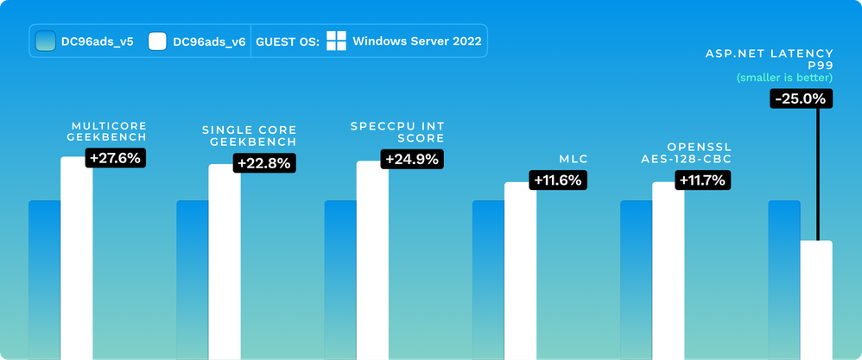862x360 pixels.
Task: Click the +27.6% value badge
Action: coord(115,158)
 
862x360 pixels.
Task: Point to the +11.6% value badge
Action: coord(560,180)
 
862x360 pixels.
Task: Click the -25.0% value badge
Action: coord(802,99)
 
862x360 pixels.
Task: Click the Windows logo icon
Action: coord(337,41)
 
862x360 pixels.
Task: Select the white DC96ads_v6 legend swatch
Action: coord(157,41)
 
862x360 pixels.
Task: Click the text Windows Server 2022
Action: coord(418,41)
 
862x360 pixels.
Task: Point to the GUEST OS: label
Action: coord(287,41)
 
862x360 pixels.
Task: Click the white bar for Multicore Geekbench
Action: coord(76,259)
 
